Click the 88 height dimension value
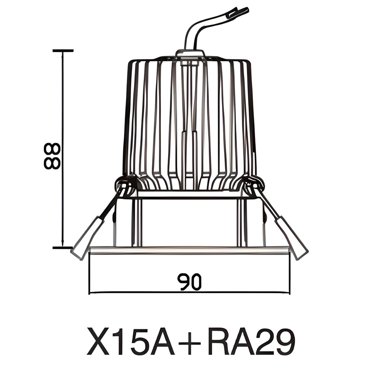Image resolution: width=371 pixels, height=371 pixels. click(x=52, y=156)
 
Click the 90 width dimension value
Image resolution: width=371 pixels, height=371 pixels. click(x=189, y=282)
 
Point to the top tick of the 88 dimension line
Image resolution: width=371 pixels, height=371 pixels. click(x=63, y=51)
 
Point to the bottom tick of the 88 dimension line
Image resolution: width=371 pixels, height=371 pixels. click(x=63, y=247)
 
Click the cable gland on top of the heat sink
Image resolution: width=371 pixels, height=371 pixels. click(x=189, y=54)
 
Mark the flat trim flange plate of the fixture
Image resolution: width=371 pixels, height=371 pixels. click(x=189, y=250)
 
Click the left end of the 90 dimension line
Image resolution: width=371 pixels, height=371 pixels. click(x=89, y=292)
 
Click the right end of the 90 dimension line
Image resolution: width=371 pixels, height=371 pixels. click(x=289, y=292)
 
